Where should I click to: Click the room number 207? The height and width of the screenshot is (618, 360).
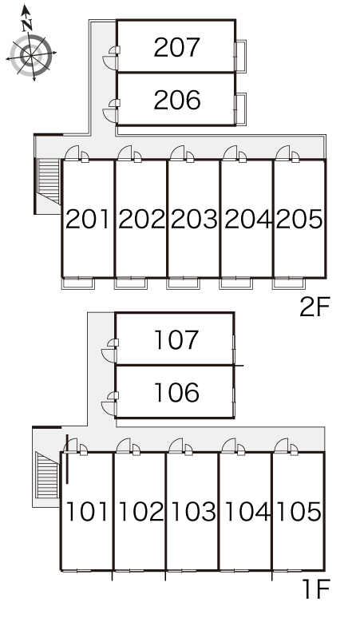click(x=177, y=47)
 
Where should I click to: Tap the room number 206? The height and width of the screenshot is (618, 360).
click(x=177, y=100)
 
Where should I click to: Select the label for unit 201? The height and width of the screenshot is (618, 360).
click(x=88, y=219)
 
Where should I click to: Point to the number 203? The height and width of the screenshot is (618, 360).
click(x=194, y=219)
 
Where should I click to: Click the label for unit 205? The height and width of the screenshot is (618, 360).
click(x=299, y=219)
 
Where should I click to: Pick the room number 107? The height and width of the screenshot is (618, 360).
click(x=176, y=340)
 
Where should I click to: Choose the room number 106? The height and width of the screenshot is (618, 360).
click(x=176, y=393)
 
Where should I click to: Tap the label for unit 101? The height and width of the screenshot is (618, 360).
click(x=86, y=512)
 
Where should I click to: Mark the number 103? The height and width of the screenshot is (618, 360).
click(x=193, y=512)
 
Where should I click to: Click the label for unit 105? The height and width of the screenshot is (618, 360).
click(x=299, y=512)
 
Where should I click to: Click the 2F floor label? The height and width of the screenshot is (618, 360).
click(x=314, y=307)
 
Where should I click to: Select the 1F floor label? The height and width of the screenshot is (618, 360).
click(x=316, y=588)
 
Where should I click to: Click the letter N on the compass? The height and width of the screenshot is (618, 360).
click(x=27, y=26)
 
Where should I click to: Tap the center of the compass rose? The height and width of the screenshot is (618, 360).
click(x=31, y=55)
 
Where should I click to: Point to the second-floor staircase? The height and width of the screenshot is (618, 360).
click(x=49, y=181)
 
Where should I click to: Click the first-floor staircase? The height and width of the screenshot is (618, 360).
click(x=47, y=475)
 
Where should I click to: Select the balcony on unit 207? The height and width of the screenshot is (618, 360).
click(x=241, y=56)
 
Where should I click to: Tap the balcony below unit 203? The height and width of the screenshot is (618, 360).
click(x=183, y=283)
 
